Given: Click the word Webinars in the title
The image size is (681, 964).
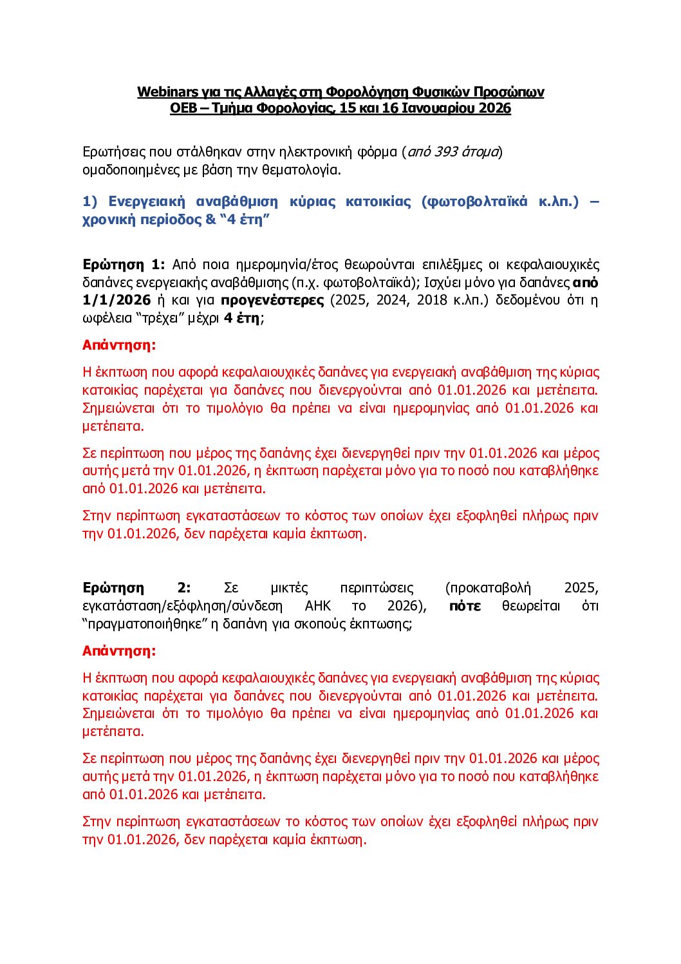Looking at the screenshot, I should [167, 92].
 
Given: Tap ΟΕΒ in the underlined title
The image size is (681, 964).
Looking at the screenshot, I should [183, 108].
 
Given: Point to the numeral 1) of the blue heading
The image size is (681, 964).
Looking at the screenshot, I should [90, 202].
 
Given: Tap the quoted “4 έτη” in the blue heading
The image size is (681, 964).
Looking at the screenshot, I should [245, 220].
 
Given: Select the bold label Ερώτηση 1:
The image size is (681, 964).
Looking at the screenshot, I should [124, 265].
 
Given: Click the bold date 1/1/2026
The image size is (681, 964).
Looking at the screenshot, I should [117, 300].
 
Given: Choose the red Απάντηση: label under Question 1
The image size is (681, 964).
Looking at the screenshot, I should [119, 345].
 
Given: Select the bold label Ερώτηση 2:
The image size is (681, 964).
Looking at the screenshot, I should [136, 588].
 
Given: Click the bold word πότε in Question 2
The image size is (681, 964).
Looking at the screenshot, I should [465, 606].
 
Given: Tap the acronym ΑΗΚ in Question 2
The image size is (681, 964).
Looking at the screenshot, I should [318, 606].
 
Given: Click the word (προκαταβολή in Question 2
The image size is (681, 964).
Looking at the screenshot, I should [488, 588].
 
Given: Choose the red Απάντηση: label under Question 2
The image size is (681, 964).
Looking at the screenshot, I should [119, 651].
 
